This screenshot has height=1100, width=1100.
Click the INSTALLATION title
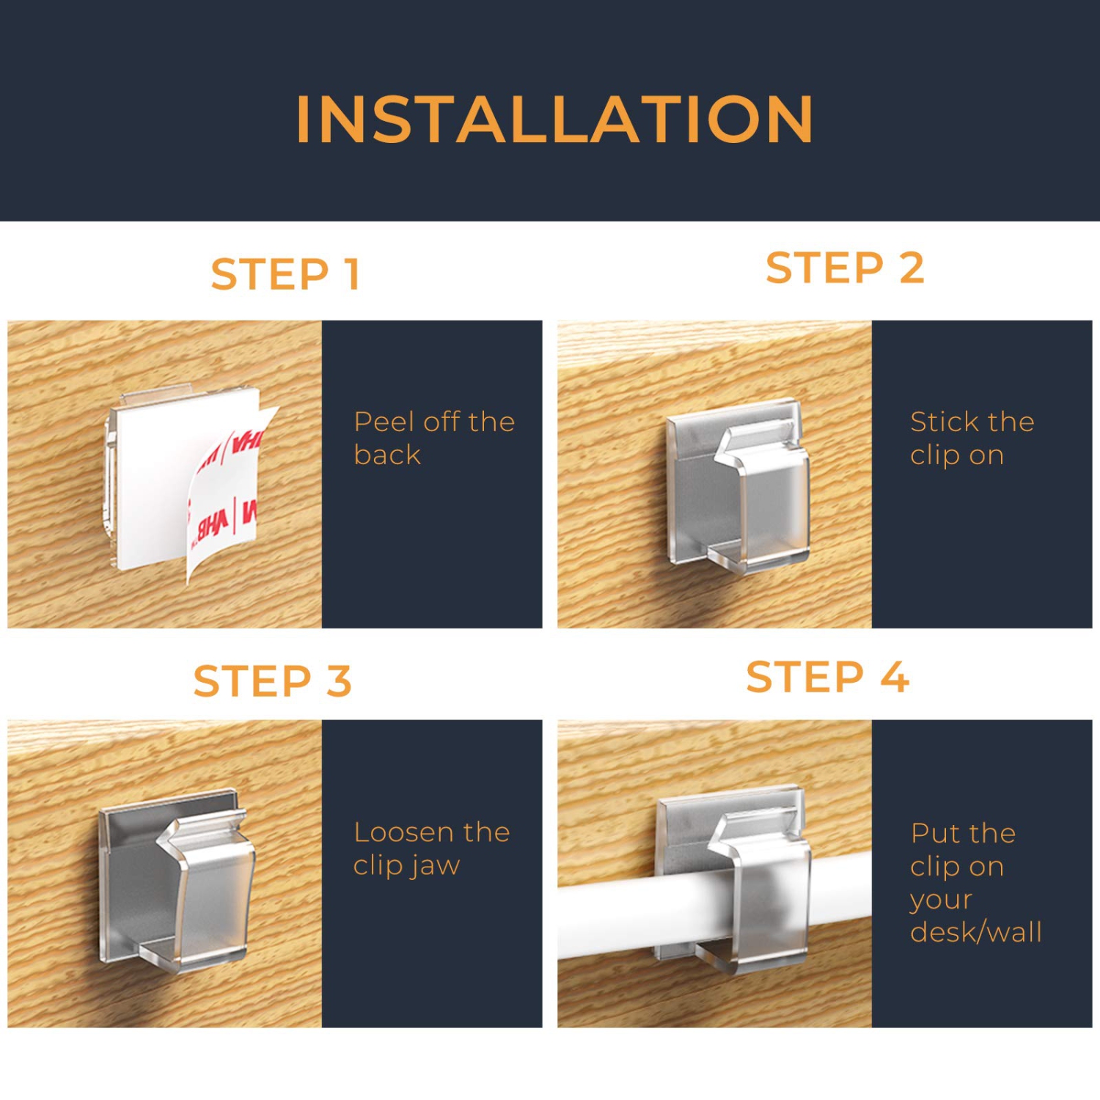pyautogui.click(x=554, y=120)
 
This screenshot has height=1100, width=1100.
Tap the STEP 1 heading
pyautogui.click(x=285, y=274)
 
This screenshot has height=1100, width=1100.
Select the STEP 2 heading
pyautogui.click(x=845, y=268)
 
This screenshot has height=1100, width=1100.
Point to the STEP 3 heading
pyautogui.click(x=273, y=681)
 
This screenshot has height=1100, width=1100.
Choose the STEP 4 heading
pyautogui.click(x=828, y=676)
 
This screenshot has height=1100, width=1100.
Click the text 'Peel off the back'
pyautogui.click(x=434, y=438)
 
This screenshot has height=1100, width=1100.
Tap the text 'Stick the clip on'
pyautogui.click(x=972, y=438)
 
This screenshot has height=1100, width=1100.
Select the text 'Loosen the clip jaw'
pyautogui.click(x=431, y=848)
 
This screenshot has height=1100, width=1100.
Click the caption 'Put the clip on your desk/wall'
pyautogui.click(x=975, y=882)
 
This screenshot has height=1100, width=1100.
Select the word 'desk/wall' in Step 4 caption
pyautogui.click(x=975, y=932)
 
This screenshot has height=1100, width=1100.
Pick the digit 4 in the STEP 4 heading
pyautogui.click(x=895, y=676)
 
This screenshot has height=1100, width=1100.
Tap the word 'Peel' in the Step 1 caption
pyautogui.click(x=384, y=422)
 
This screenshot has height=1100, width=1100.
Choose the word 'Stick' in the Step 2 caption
pyautogui.click(x=940, y=422)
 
